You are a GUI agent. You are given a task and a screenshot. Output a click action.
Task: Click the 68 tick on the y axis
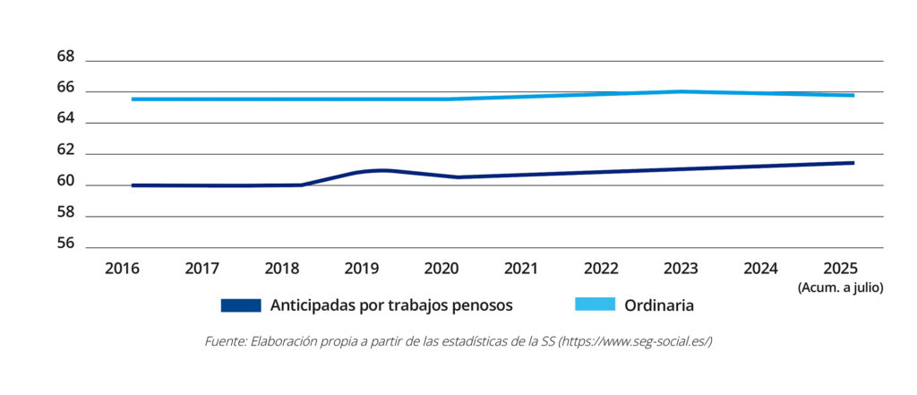tap(65, 56)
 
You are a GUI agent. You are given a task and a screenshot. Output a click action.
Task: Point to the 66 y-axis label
tap(65, 88)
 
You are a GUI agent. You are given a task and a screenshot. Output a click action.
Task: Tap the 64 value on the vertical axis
tap(65, 119)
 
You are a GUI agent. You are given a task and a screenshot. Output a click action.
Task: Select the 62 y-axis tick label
tap(65, 150)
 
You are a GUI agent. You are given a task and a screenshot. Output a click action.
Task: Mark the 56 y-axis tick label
tap(65, 245)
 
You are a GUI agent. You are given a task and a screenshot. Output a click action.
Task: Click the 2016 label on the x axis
tap(122, 268)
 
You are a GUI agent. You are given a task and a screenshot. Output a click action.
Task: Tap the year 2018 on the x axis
tap(283, 268)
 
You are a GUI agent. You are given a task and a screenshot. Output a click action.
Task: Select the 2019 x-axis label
tap(362, 268)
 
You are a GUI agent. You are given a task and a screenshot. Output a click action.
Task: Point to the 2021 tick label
tap(520, 268)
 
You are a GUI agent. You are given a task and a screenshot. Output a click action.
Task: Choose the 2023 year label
tap(681, 268)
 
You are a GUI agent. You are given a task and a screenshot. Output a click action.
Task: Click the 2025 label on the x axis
tap(840, 268)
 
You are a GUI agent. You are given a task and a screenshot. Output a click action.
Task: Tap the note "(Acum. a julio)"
tap(840, 287)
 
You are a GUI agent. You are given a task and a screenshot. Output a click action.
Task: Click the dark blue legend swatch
tap(241, 305)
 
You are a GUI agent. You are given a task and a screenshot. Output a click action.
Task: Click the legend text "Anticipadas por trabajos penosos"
tap(391, 305)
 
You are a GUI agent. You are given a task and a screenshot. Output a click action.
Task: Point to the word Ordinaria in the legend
tap(660, 305)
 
